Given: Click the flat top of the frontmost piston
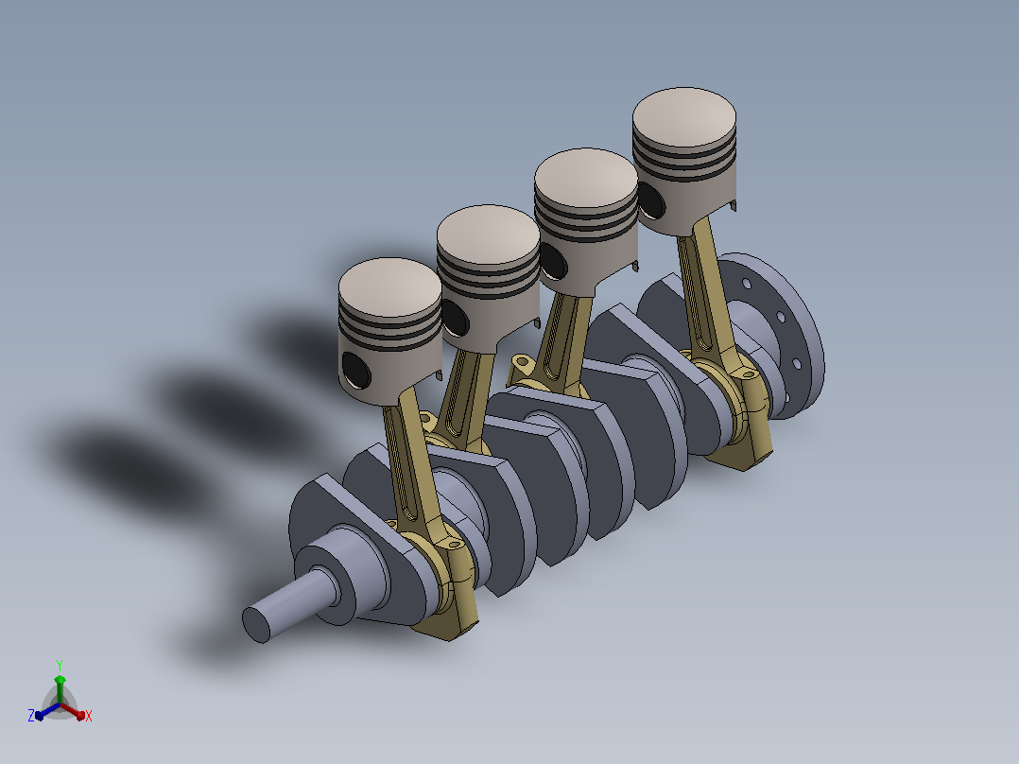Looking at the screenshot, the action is point(389,287).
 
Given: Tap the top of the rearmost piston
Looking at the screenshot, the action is point(683,117).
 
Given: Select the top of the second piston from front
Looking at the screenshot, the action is point(488,234).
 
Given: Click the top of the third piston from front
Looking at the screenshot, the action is point(585,178).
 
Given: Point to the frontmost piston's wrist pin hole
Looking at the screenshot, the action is point(355,371).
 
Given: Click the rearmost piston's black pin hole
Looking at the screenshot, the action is point(651,200).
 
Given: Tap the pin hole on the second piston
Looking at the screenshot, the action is point(455,318).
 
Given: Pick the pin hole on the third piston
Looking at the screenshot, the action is point(553,261).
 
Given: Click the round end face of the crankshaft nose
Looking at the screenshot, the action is point(255,625).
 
